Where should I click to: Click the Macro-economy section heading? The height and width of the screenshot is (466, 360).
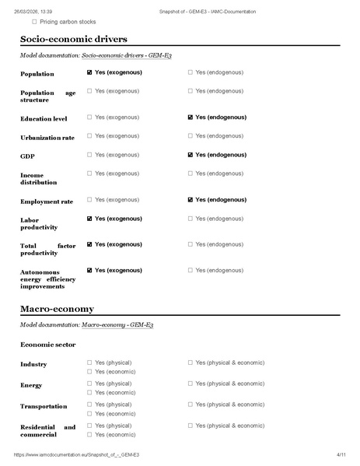[57, 308]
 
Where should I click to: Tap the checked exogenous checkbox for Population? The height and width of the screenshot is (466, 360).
[90, 72]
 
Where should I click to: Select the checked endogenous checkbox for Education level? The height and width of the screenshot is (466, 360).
[190, 117]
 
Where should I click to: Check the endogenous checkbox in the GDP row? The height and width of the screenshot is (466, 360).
[190, 155]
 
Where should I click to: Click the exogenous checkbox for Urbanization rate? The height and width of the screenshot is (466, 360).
[90, 136]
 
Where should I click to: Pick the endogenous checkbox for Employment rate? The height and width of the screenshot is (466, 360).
[190, 200]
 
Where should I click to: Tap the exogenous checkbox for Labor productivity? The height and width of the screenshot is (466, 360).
[90, 219]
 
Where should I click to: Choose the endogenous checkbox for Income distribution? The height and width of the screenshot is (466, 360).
[190, 173]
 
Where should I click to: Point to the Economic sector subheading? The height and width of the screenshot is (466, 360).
[48, 343]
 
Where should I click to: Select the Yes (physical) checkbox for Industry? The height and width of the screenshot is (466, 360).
[90, 363]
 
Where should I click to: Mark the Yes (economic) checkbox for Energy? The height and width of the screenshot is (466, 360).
[90, 392]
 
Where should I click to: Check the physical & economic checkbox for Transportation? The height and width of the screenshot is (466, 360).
[190, 405]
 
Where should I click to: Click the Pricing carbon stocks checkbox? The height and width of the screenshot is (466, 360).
[34, 23]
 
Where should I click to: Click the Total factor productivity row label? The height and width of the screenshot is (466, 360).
[47, 249]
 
